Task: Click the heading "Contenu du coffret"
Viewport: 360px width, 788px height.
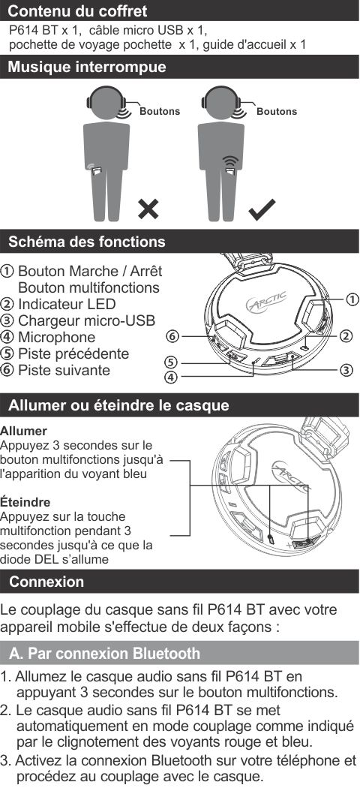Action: [78, 11]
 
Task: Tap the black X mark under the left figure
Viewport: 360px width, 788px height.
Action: [148, 209]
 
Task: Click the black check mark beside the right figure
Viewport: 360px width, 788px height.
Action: [262, 209]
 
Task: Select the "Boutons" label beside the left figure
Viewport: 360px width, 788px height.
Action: [160, 111]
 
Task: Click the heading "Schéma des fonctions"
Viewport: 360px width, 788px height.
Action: [87, 242]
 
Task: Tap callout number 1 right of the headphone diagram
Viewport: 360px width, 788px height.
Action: [352, 299]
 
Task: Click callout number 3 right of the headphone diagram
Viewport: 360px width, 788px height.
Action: [346, 371]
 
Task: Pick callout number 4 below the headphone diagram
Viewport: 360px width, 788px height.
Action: [173, 377]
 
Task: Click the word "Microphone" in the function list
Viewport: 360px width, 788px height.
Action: [57, 337]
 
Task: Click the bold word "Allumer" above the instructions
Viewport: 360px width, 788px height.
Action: [23, 432]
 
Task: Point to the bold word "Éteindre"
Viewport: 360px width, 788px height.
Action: [25, 502]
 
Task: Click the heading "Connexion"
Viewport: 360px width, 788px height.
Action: [46, 582]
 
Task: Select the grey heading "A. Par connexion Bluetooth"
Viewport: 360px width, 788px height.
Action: [104, 654]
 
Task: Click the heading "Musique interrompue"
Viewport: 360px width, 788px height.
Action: [87, 67]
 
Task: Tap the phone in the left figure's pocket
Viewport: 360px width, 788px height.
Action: [96, 171]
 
